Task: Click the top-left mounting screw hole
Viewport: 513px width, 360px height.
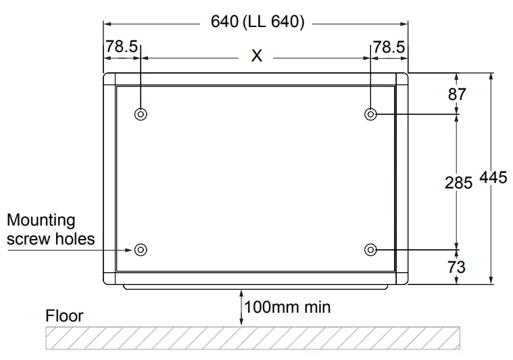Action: pyautogui.click(x=141, y=113)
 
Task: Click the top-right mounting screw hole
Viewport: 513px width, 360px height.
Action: pyautogui.click(x=370, y=113)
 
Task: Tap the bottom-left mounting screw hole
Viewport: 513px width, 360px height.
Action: pyautogui.click(x=141, y=250)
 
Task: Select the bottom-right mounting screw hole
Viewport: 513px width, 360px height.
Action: pyautogui.click(x=370, y=250)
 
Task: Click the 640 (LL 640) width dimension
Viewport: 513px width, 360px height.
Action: pyautogui.click(x=258, y=22)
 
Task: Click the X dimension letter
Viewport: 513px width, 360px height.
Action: pyautogui.click(x=257, y=57)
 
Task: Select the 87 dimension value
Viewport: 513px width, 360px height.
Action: pyautogui.click(x=458, y=94)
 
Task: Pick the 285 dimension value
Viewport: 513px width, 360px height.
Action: pyautogui.click(x=458, y=182)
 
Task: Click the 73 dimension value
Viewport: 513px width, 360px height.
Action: pyautogui.click(x=457, y=267)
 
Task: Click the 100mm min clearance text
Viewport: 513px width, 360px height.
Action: pyautogui.click(x=287, y=307)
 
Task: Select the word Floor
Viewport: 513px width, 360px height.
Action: pyautogui.click(x=64, y=315)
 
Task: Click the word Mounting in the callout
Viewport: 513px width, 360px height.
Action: pyautogui.click(x=41, y=220)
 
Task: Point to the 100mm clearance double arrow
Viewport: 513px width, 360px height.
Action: pyautogui.click(x=241, y=307)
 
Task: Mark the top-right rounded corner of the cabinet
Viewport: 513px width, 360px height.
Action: pyautogui.click(x=403, y=78)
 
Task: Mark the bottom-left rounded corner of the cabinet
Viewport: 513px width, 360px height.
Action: pyautogui.click(x=108, y=280)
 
